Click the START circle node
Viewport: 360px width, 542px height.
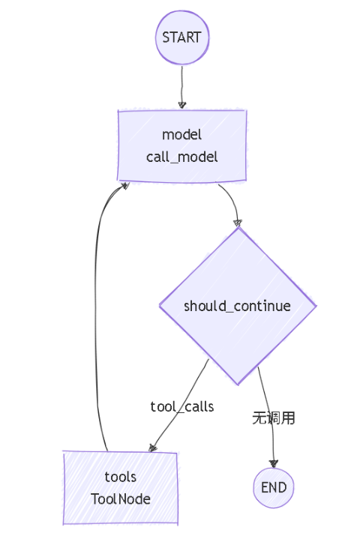coord(181,37)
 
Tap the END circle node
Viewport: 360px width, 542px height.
coord(274,487)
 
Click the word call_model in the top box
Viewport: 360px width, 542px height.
coord(182,157)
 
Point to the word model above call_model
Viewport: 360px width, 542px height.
coord(182,135)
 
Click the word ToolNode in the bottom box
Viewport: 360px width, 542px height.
coord(121,499)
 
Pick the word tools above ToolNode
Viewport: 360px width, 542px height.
coord(121,477)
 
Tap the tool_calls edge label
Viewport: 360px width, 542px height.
coord(182,406)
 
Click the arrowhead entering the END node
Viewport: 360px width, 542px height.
coord(274,463)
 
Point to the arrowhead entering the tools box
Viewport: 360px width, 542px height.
coord(153,448)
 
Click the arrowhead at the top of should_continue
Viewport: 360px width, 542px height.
coord(238,222)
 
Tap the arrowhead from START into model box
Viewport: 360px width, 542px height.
coord(182,105)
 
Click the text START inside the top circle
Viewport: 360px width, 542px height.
coord(181,37)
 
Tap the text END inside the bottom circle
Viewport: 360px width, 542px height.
coord(274,487)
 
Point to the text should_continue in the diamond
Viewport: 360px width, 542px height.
coord(238,306)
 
